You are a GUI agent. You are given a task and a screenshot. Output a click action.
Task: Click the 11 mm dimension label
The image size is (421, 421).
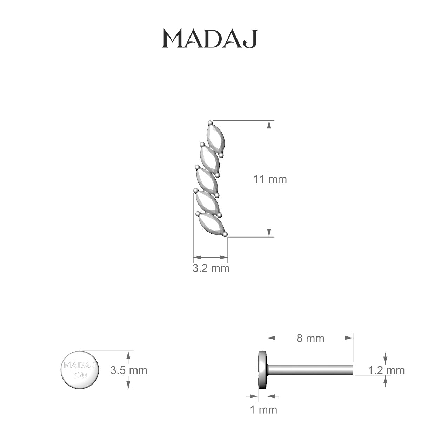click(x=270, y=179)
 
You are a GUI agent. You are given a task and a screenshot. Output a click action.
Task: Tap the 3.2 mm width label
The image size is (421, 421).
click(x=211, y=268)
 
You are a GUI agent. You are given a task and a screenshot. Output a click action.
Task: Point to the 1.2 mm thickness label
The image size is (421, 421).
click(x=386, y=370)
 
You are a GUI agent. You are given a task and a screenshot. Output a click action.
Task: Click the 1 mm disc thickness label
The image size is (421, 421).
click(x=263, y=409)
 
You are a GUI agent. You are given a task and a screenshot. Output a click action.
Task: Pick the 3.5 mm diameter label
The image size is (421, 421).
click(x=129, y=370)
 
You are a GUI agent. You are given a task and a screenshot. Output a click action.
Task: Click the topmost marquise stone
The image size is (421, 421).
click(x=214, y=138)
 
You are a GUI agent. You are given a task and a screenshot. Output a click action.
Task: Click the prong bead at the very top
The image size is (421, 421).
click(x=210, y=123)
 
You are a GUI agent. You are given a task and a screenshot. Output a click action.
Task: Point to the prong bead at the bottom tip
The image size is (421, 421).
click(x=225, y=234)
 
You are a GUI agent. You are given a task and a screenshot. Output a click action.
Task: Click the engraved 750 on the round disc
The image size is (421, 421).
click(x=79, y=375)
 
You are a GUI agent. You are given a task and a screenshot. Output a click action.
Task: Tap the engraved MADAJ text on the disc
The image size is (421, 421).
click(x=80, y=366)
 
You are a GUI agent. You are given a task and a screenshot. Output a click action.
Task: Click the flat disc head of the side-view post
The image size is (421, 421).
click(x=262, y=370)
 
